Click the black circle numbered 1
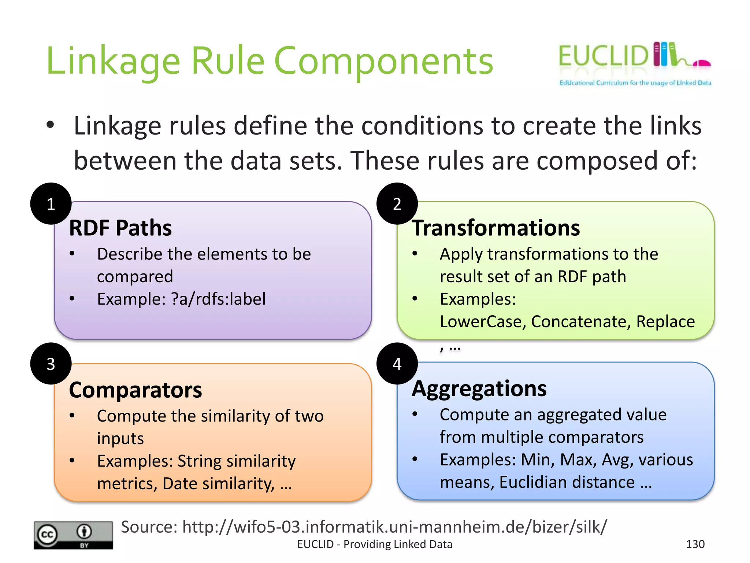[x=51, y=204]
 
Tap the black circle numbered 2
[x=397, y=204]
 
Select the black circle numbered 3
[x=51, y=364]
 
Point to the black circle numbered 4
[x=397, y=364]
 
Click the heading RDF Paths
[x=120, y=228]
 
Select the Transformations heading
[x=496, y=228]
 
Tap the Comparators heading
[x=135, y=390]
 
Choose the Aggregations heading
[x=479, y=388]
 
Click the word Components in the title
[x=383, y=61]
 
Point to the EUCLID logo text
[x=604, y=56]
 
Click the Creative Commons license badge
[x=73, y=535]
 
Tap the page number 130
[x=695, y=544]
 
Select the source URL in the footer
[x=394, y=527]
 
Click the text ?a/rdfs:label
[x=218, y=299]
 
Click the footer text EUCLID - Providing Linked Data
[x=375, y=544]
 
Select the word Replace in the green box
[x=665, y=321]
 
